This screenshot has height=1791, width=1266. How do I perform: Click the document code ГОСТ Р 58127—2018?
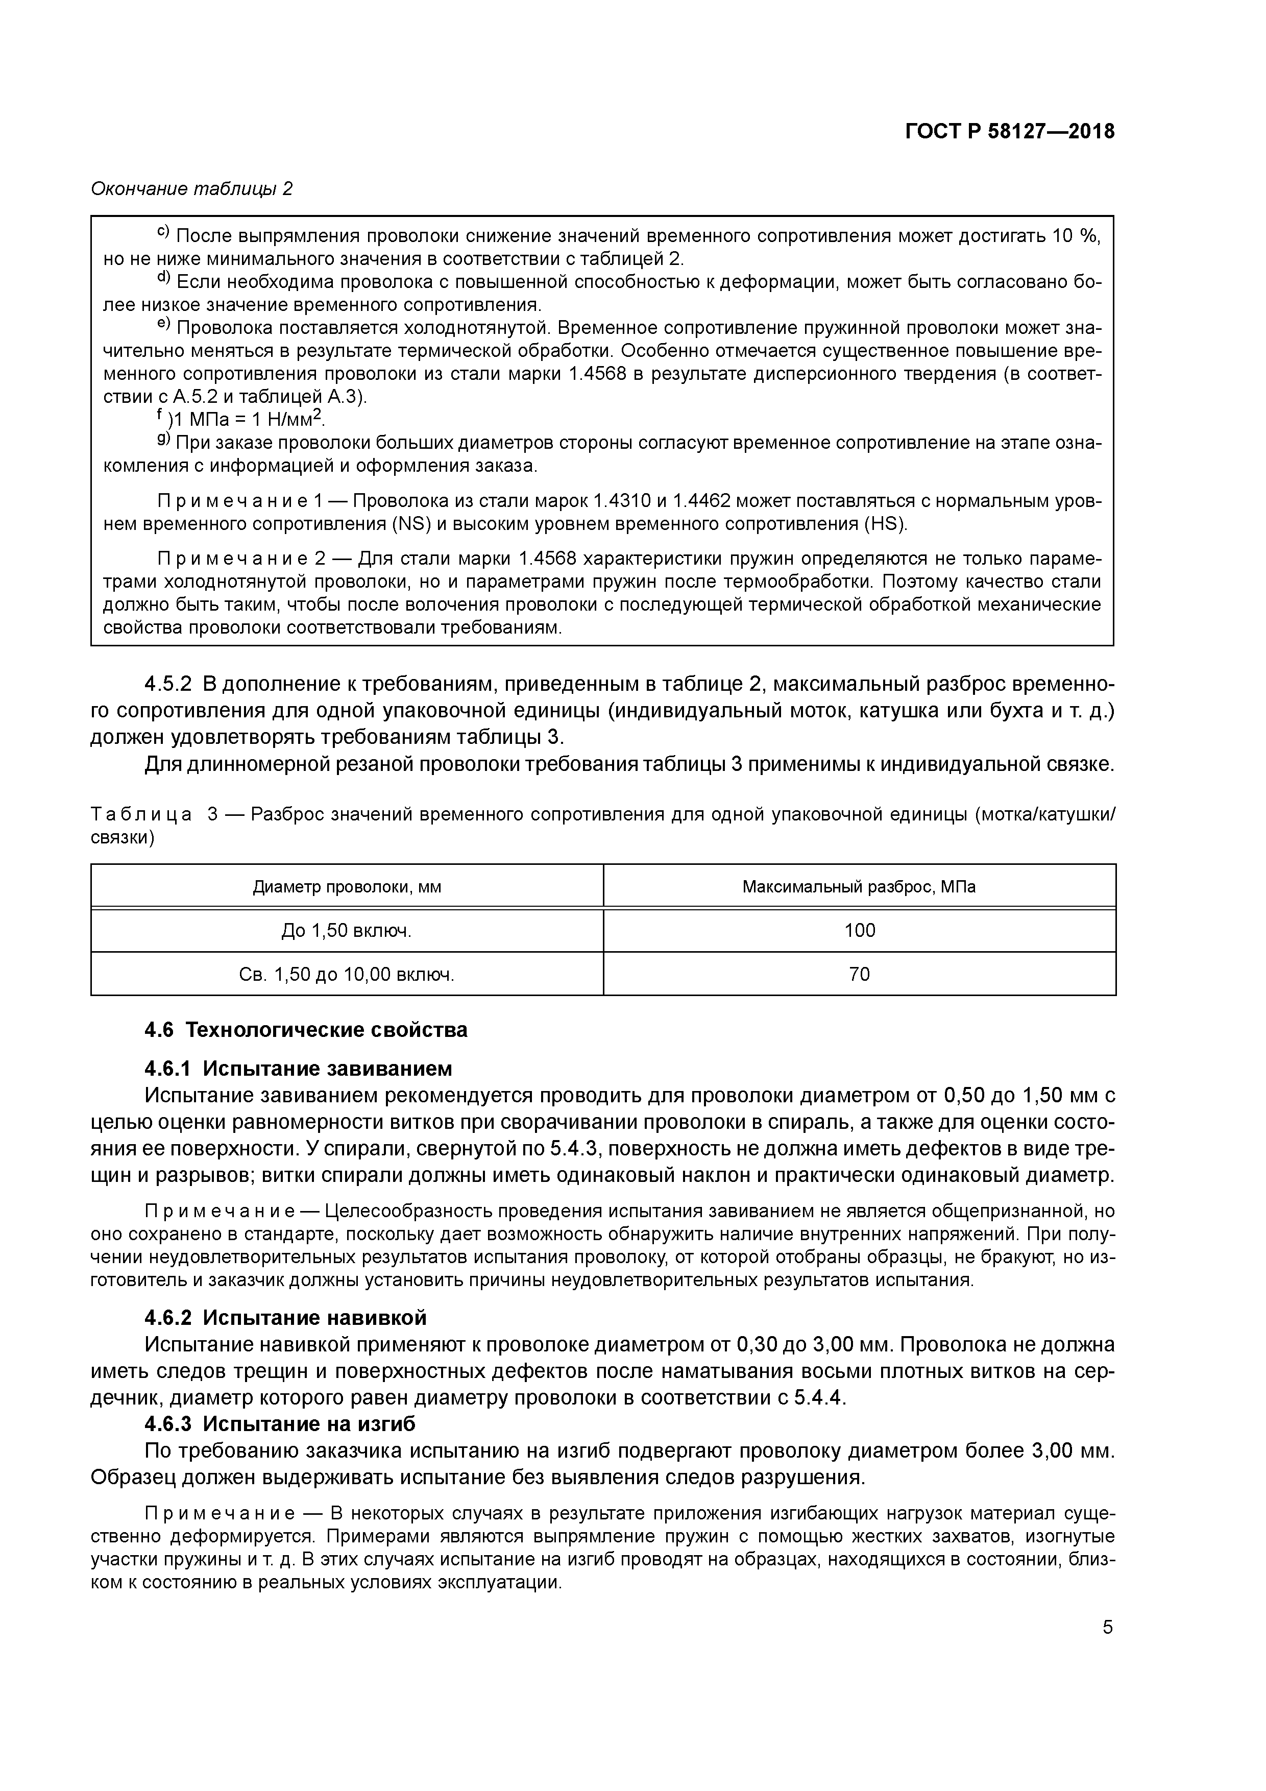coord(1009,132)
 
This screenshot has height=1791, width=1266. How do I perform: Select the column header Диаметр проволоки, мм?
coord(346,887)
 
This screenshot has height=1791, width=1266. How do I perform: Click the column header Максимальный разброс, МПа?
coord(859,887)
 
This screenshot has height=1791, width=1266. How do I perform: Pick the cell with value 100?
coord(860,931)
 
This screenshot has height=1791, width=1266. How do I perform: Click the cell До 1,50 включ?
coord(346,931)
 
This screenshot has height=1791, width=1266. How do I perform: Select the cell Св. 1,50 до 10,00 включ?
coord(346,974)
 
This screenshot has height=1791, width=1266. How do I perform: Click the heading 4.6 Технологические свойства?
coord(306,1030)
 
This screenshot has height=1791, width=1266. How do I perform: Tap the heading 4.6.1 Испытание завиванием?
coord(298,1068)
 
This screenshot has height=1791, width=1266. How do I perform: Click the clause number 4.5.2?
coord(168,684)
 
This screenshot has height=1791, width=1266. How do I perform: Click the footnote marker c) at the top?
coord(164,232)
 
